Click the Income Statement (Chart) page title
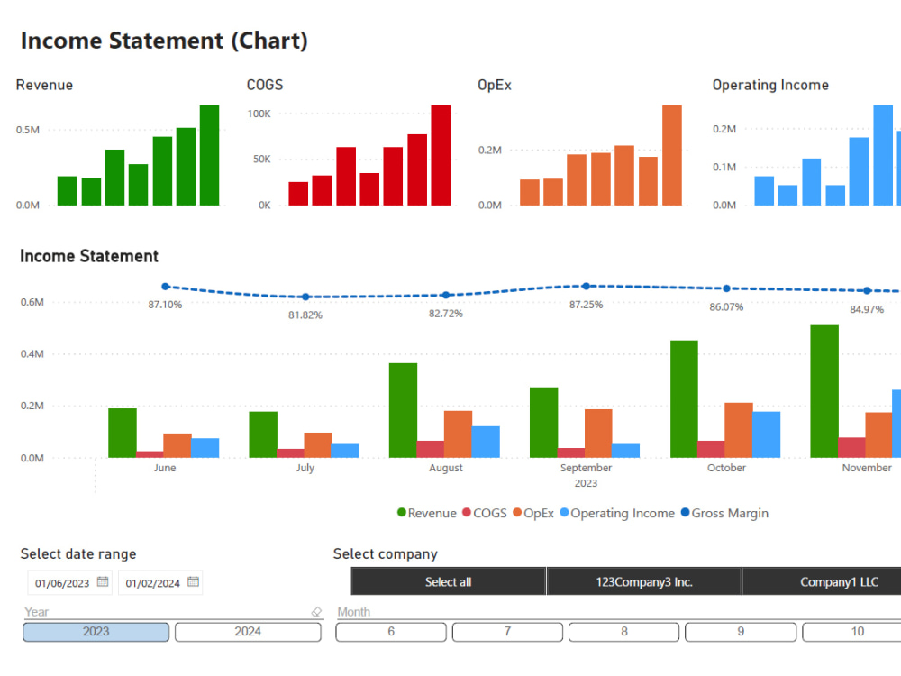(164, 41)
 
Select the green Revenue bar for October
(684, 398)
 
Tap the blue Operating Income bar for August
(486, 442)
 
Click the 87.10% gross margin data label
(165, 305)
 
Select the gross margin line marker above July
(305, 297)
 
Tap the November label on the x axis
(866, 468)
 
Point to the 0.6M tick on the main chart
(32, 302)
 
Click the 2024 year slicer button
(248, 632)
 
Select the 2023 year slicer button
(96, 632)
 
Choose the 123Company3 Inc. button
(644, 582)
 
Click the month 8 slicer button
(623, 632)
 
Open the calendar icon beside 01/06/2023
(103, 582)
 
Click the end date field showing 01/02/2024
(152, 583)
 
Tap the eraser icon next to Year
(315, 612)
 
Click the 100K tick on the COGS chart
(259, 114)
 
